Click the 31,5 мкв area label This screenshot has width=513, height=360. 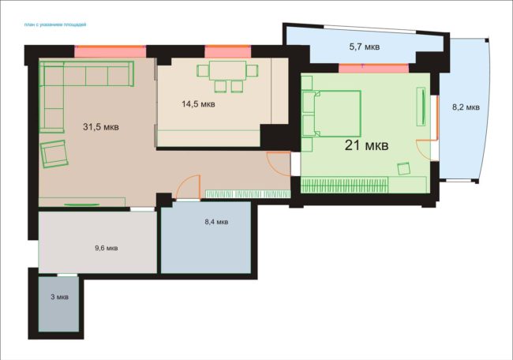(101, 126)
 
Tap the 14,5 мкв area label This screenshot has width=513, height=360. (198, 104)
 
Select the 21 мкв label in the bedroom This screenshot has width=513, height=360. (366, 145)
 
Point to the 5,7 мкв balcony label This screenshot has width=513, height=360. (365, 47)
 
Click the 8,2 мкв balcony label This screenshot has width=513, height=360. (466, 107)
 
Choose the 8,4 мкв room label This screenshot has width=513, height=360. (216, 222)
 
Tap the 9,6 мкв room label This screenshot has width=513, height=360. (107, 248)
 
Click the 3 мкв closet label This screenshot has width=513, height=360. (59, 297)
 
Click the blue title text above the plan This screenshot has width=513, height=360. (55, 24)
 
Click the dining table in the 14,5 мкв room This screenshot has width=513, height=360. (228, 70)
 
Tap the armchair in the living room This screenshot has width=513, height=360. (54, 154)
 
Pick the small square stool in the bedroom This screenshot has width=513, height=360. (404, 169)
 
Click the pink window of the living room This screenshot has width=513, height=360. (110, 51)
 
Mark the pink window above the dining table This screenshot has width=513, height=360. (228, 51)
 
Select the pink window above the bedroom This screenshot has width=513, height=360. (373, 68)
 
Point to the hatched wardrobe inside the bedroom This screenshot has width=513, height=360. (344, 185)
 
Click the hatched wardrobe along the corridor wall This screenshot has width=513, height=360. (248, 194)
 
